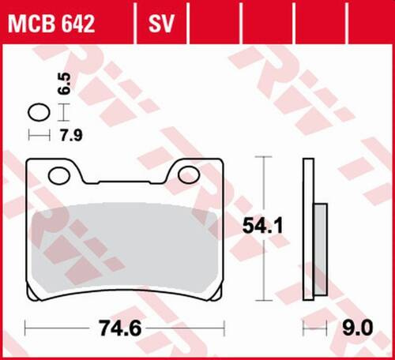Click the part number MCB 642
coord(52,24)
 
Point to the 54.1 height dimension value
coord(261,227)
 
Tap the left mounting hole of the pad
coord(58,173)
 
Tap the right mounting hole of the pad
coord(190,173)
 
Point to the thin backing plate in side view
coord(307,229)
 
